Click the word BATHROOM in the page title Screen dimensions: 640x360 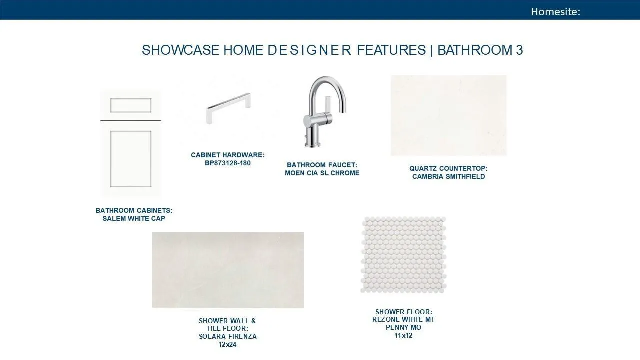coord(475,50)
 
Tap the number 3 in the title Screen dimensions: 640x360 coord(519,50)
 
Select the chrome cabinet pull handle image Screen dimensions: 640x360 coord(228,108)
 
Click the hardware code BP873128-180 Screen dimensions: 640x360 coord(228,163)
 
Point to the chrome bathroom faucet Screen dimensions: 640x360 coord(324,111)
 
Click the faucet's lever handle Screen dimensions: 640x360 coord(327,104)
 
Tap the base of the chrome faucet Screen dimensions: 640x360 coord(312,145)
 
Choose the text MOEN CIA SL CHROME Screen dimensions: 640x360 coord(322,173)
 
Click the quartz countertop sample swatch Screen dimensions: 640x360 coord(449,115)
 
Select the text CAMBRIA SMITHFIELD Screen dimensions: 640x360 coord(449,176)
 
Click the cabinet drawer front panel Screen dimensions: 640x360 coord(131,105)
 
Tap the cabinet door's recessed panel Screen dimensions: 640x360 coord(131,159)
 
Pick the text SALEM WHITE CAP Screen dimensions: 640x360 coord(134,218)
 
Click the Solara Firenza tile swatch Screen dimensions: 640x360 coord(227,270)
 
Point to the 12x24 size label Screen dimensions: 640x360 coord(227,345)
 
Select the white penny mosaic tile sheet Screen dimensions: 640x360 coord(403,255)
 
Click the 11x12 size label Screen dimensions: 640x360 coord(403,335)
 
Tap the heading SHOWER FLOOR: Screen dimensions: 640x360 coord(403,311)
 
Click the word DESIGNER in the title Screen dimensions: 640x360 coord(309,50)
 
